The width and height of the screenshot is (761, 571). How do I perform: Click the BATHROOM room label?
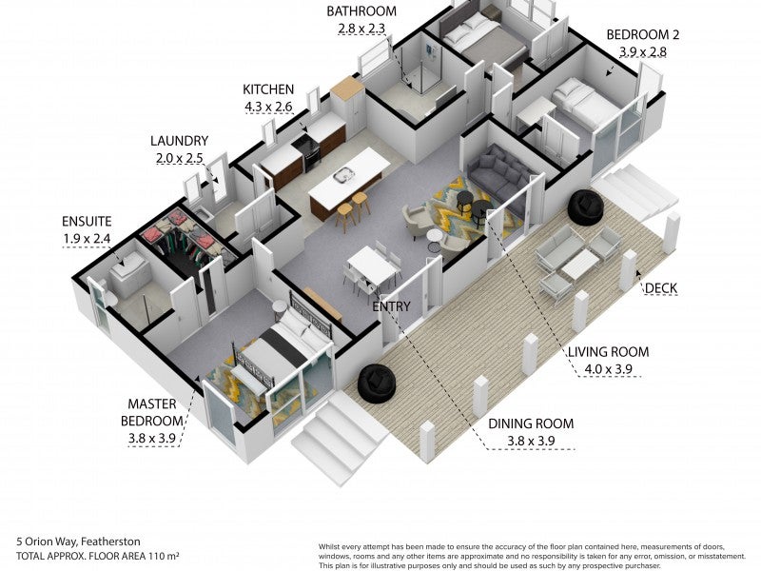point(361,11)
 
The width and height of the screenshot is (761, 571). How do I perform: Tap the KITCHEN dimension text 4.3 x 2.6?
point(268,107)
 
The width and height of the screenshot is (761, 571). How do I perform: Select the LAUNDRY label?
point(179,141)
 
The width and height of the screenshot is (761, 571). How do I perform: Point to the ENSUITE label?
point(87,222)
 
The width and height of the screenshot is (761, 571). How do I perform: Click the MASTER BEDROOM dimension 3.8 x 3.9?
point(151,438)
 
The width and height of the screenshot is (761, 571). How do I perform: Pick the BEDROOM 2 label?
point(643,34)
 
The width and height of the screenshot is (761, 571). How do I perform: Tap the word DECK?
point(660,288)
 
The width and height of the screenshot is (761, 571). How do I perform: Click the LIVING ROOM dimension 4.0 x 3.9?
point(608,369)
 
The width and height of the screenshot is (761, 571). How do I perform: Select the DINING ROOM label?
point(531,423)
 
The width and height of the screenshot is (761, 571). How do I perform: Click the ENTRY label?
point(391,306)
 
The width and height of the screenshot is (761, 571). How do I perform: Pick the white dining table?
point(372,266)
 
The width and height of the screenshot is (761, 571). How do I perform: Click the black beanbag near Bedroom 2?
point(585,207)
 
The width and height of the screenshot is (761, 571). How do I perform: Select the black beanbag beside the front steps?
point(377,384)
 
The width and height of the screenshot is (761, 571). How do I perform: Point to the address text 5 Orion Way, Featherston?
point(78,541)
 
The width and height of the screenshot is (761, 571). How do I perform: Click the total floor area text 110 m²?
point(162,556)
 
